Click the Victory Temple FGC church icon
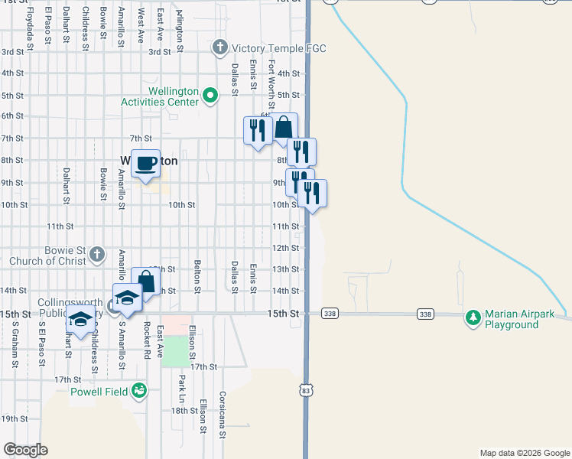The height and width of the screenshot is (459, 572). click(x=219, y=48)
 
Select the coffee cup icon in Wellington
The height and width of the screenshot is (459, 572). click(x=145, y=163)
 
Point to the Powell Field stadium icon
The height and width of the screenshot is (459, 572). click(x=138, y=392)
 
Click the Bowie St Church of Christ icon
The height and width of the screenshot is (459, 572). click(x=96, y=253)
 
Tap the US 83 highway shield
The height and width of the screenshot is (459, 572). click(x=306, y=391)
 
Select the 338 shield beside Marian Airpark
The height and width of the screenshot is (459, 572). click(x=426, y=314)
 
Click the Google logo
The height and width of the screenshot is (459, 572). click(x=25, y=450)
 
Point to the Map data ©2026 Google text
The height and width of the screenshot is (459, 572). click(x=524, y=453)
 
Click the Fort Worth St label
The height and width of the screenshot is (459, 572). click(x=271, y=84)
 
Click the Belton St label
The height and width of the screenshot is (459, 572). click(x=197, y=276)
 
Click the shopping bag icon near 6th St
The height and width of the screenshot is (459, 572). click(x=284, y=127)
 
